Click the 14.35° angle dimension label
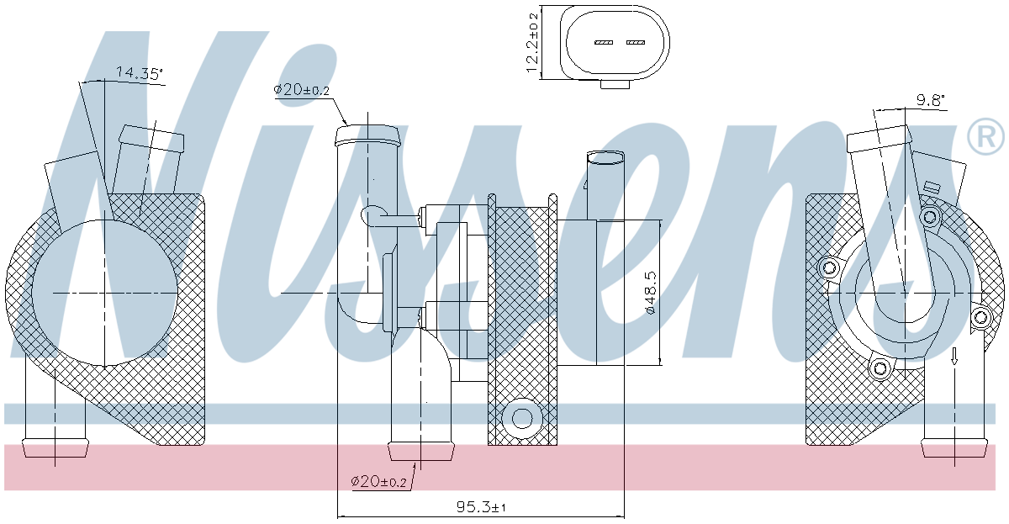coord(138,73)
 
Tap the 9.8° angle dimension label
coord(931,101)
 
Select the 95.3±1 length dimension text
coord(481,507)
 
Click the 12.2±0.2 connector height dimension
coord(532,44)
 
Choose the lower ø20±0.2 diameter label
coord(378,482)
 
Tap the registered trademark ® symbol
coord(985,135)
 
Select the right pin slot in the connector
coord(635,42)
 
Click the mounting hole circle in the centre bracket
coord(523,417)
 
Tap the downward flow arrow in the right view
coord(954,356)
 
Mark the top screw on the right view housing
coord(929,217)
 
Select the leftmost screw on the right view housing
coord(829,267)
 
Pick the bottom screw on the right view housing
coord(880,368)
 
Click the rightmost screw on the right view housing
coord(980,318)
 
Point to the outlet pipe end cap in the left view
coord(55,448)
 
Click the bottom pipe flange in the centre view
coord(420,451)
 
